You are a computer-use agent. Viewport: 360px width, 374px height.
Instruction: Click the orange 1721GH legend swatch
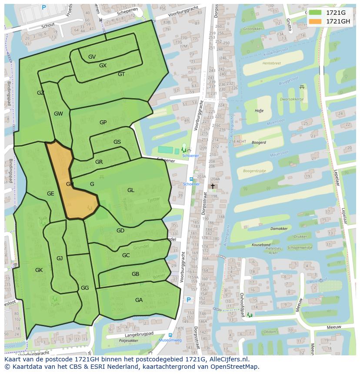316,21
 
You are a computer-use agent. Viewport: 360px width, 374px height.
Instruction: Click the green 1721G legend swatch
316,13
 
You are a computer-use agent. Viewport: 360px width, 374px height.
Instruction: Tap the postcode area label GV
92,57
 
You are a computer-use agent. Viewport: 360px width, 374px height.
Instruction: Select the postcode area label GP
103,122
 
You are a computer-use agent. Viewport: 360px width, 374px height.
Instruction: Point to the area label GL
131,190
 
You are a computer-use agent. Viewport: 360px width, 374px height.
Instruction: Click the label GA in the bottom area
139,300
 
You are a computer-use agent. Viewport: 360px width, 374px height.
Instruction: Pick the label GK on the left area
39,270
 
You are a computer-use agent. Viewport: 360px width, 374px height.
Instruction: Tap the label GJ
60,258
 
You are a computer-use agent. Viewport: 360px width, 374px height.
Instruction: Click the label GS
117,142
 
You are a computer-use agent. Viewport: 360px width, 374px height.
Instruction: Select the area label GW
58,114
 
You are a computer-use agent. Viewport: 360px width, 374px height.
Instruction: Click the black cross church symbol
213,186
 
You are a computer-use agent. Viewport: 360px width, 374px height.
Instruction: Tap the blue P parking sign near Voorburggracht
189,300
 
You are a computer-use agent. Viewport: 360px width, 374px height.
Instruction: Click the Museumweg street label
170,341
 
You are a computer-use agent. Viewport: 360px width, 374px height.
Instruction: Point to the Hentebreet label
272,63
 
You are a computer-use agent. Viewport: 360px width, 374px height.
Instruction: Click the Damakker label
279,228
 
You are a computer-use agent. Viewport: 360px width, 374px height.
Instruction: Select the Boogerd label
259,142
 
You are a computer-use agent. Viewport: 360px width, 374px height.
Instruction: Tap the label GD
120,231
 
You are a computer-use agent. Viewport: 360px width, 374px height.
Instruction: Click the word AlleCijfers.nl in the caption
229,360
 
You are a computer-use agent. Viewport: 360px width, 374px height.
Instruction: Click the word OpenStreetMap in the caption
235,367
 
